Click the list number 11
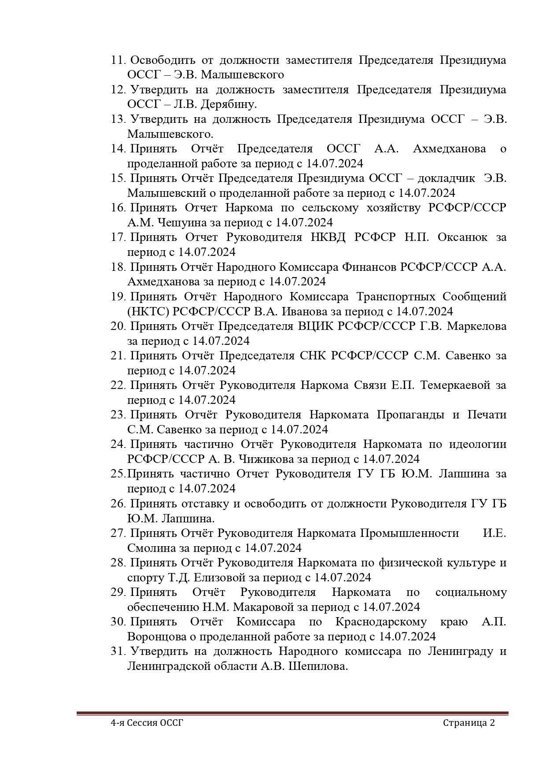click(118, 60)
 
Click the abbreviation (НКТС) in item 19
click(148, 312)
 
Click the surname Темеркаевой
click(455, 385)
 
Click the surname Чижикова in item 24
click(266, 459)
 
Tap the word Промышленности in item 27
click(409, 533)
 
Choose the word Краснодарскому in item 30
click(381, 622)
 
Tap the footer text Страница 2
click(469, 723)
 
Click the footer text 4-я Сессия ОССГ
click(147, 723)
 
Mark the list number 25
click(118, 474)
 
